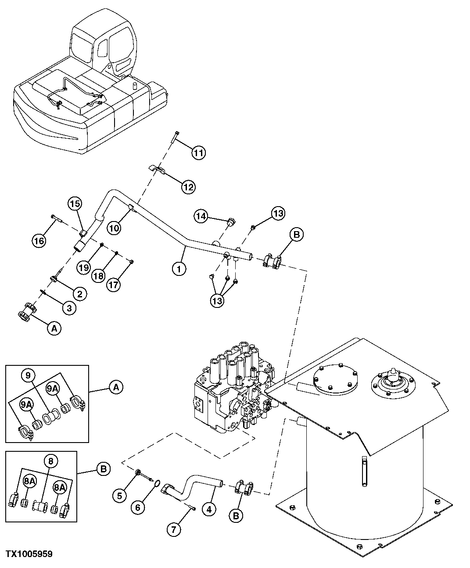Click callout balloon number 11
click(198, 153)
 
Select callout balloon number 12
click(188, 187)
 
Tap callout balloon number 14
click(201, 216)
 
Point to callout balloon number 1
click(179, 268)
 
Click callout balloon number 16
click(39, 239)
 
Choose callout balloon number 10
click(114, 228)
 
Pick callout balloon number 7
click(173, 529)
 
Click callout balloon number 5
click(120, 496)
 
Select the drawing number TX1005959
click(29, 554)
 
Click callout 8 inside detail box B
click(50, 461)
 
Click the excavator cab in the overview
click(103, 48)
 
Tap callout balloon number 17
click(113, 285)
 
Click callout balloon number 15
click(75, 204)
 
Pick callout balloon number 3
click(68, 308)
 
